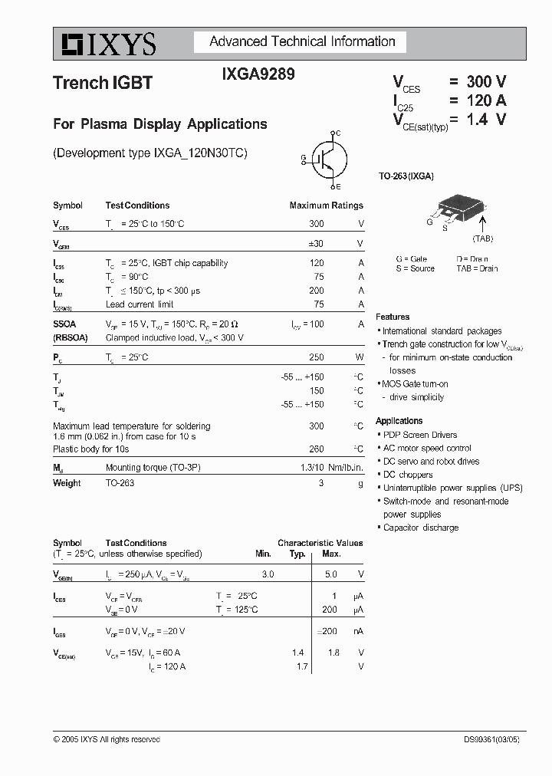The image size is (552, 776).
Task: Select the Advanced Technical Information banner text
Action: (302, 42)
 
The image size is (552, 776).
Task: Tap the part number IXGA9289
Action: (258, 75)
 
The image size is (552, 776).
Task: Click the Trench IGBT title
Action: (103, 84)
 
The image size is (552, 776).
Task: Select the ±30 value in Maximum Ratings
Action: (314, 243)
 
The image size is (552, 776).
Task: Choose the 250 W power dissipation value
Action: (316, 358)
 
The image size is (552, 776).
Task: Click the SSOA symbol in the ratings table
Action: (64, 324)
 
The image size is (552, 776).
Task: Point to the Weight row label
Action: (67, 483)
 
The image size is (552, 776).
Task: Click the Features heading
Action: (393, 317)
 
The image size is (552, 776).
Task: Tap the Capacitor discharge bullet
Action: (420, 528)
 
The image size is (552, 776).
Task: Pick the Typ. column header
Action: (297, 554)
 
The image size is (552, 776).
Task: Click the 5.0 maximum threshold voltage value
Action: (331, 574)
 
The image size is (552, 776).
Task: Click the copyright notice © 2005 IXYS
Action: (107, 739)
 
